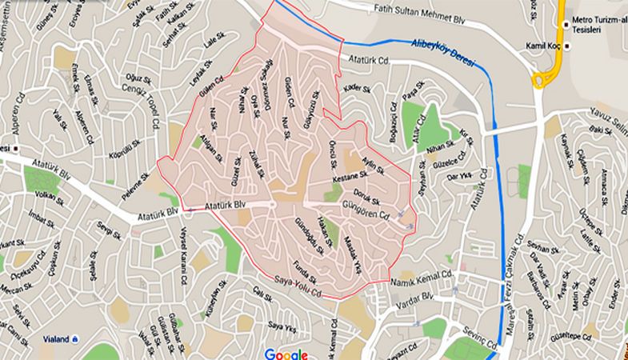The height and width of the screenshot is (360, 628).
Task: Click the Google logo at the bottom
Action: (286, 354)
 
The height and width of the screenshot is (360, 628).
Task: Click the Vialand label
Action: (53, 338)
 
